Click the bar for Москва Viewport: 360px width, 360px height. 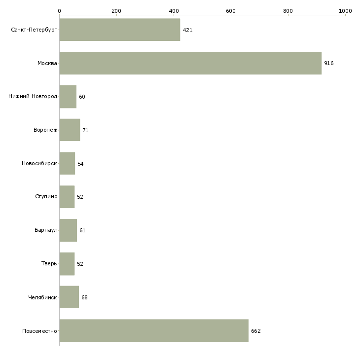coord(190,63)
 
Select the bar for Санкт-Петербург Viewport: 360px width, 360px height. coord(120,30)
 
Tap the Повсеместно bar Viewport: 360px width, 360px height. coord(154,330)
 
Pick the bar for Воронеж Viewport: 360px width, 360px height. coord(70,130)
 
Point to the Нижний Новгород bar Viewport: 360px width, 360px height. coord(68,97)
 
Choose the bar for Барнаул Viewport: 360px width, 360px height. coord(68,230)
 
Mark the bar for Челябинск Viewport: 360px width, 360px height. coord(69,297)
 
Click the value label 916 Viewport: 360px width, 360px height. coord(329,63)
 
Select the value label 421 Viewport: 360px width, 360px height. coord(187,30)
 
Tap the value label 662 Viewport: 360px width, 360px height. coord(256,331)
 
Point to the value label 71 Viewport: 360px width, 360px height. coord(85,130)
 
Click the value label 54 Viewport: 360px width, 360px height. coord(80,164)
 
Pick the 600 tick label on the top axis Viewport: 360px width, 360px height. coord(231,11)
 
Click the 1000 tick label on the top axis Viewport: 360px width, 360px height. coord(345,11)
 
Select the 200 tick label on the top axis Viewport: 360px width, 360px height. coord(116,11)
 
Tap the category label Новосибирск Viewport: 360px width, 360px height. coord(39,163)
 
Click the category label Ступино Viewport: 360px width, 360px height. coord(46,197)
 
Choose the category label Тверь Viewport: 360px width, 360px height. coord(49,263)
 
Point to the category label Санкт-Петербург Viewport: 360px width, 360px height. coord(34,30)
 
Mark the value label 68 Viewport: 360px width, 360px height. coord(84,297)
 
